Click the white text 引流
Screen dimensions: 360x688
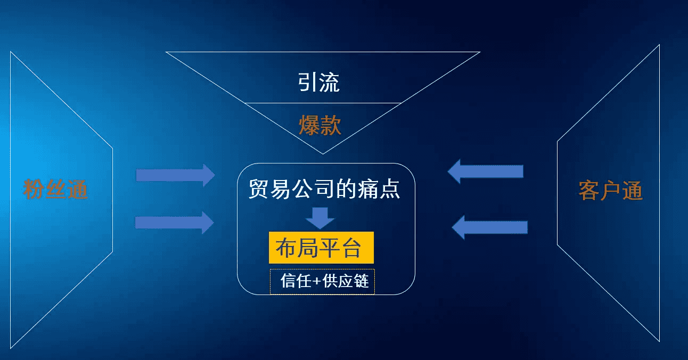coord(319,83)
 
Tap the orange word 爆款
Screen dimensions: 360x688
coord(320,126)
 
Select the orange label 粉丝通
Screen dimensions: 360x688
coord(55,189)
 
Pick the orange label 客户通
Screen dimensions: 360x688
coord(611,191)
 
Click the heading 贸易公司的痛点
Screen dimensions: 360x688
coord(324,189)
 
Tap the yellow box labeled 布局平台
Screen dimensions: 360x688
coord(321,248)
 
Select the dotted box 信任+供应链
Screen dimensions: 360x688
coord(322,281)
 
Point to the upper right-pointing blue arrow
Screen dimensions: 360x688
coord(175,175)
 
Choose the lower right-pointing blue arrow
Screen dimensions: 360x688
coord(175,222)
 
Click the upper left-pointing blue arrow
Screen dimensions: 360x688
coord(485,171)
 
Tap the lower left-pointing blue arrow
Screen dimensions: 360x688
coord(489,227)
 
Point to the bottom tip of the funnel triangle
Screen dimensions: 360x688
coord(322,153)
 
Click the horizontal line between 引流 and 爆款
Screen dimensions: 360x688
coord(322,103)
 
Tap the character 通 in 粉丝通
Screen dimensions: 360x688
coord(77,189)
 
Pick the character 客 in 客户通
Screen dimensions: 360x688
coord(589,191)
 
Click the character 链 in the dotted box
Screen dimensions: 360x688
coord(361,281)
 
